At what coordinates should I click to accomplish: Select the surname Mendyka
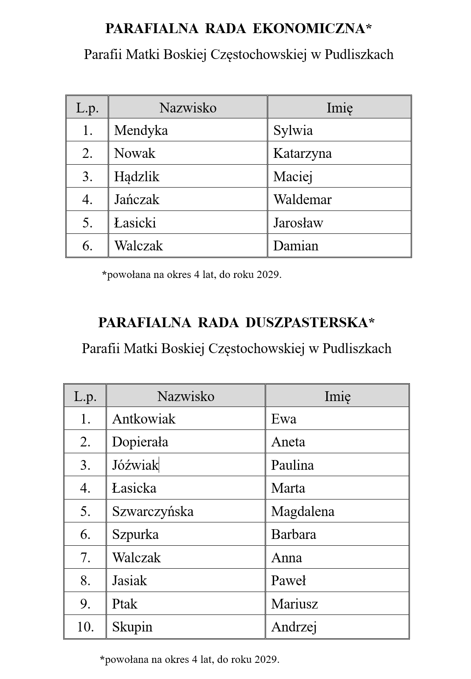pos(141,130)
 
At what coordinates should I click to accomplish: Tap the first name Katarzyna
pos(302,153)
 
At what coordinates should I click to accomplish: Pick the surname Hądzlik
pos(137,177)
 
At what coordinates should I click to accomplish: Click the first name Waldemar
pos(302,199)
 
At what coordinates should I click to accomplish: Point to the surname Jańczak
pos(137,199)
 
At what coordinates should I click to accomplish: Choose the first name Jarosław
pos(298,223)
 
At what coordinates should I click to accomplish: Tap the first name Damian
pos(295,246)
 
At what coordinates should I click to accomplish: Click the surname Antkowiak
pos(143,419)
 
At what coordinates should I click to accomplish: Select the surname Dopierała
pos(140,442)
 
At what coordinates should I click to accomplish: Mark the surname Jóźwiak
pos(135,465)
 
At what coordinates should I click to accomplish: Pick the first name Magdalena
pos(303,511)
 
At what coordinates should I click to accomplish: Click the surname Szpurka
pos(135,534)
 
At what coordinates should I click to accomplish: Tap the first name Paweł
pos(288,581)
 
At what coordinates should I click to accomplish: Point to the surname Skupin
pos(132,627)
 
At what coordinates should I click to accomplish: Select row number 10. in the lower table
pos(85,627)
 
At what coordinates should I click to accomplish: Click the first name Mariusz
pos(294,604)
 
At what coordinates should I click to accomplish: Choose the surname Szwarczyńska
pos(153,511)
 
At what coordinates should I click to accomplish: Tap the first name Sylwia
pos(293,130)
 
